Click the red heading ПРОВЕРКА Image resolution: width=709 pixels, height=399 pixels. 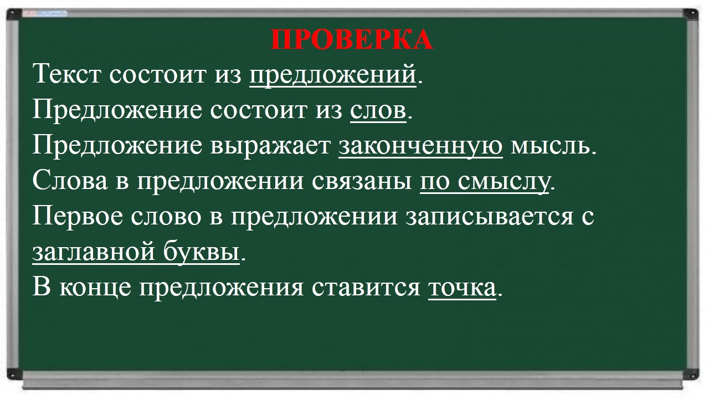click(x=352, y=39)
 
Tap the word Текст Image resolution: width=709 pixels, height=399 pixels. click(x=67, y=74)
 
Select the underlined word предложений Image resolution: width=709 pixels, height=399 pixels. click(x=333, y=76)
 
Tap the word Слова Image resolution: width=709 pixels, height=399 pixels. click(x=70, y=180)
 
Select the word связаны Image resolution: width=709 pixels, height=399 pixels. click(x=362, y=181)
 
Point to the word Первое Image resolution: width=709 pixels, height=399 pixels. click(x=78, y=217)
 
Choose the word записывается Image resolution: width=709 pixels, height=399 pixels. click(x=489, y=216)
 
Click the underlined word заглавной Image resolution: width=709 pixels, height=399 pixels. click(x=94, y=252)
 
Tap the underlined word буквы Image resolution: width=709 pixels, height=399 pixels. click(x=201, y=252)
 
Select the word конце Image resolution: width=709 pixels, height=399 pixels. click(x=95, y=288)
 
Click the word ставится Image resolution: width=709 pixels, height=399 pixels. click(x=366, y=287)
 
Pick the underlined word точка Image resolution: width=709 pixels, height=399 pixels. click(x=462, y=287)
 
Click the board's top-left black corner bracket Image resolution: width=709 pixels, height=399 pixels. click(x=14, y=14)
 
